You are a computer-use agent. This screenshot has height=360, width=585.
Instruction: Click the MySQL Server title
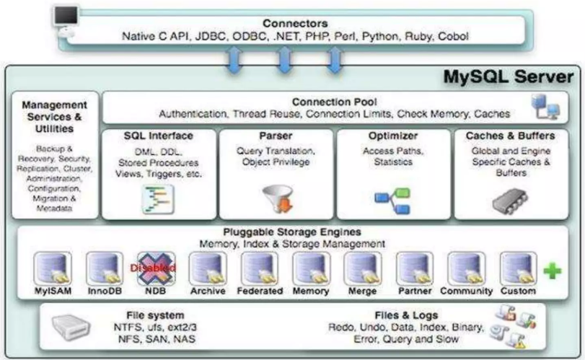tap(514, 76)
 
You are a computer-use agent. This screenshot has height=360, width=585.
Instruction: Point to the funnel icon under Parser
tap(276, 196)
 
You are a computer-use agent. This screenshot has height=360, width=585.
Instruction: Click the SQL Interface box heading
tap(159, 136)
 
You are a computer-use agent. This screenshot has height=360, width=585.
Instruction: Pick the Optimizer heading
tap(392, 136)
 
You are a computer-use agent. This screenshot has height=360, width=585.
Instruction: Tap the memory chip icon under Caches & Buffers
tap(509, 200)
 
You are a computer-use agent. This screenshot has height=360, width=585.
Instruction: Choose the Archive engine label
tap(207, 291)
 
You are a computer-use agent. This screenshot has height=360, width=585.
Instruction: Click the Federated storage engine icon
tap(260, 268)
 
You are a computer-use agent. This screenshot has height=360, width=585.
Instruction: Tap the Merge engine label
tap(362, 291)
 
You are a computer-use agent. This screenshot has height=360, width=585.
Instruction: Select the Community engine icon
tap(465, 268)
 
